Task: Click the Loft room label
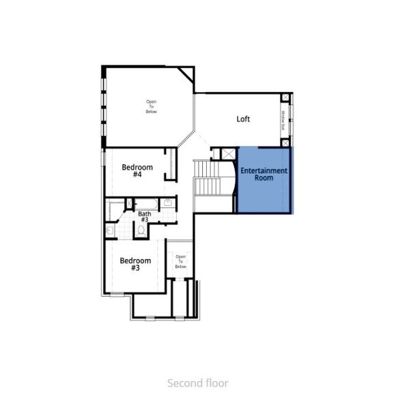point(243,119)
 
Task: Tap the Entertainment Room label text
point(264,174)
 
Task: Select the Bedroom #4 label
point(137,170)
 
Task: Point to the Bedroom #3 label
point(135,264)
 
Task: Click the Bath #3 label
point(144,217)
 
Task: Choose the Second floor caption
point(198,383)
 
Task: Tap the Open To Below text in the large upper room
point(151,106)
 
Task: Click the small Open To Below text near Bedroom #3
point(180,261)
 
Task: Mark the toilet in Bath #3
point(141,230)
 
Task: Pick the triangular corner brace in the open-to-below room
point(184,74)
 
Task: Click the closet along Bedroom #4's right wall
point(170,164)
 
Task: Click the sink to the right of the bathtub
point(167,203)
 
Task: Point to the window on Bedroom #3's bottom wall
point(118,294)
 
